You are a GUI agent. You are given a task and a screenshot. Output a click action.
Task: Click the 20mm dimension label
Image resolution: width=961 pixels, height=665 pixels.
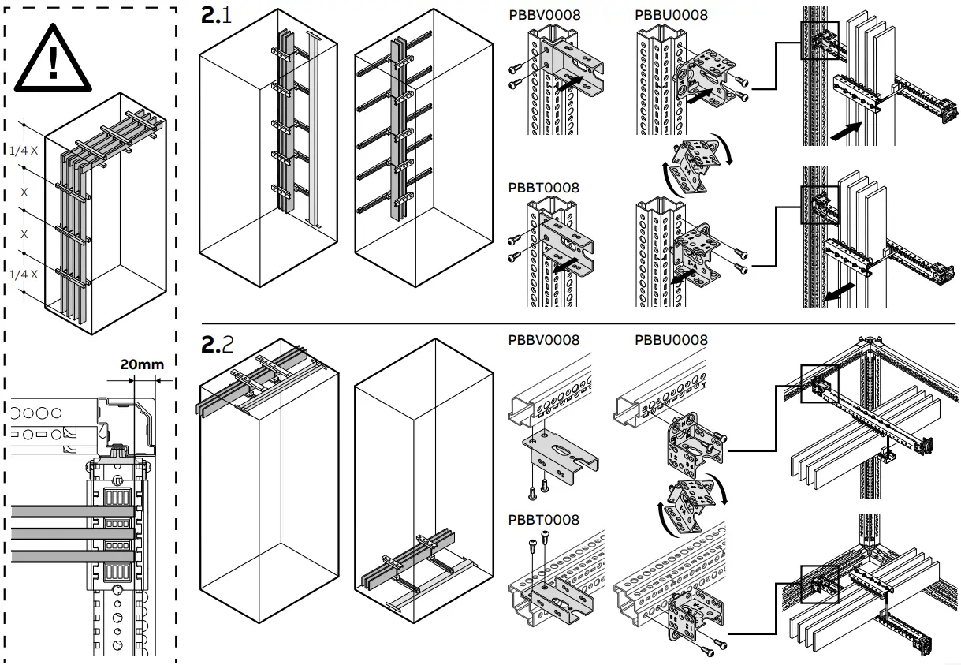tap(142, 364)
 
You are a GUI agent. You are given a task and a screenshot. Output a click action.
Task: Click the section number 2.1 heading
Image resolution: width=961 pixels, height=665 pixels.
tap(217, 15)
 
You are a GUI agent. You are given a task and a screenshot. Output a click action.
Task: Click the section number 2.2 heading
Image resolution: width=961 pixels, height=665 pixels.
tap(218, 344)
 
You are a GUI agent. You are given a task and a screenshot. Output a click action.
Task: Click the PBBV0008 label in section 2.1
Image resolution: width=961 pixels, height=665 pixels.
tap(544, 15)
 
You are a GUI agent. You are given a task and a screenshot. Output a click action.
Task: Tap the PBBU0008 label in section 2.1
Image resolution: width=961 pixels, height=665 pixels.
tap(671, 15)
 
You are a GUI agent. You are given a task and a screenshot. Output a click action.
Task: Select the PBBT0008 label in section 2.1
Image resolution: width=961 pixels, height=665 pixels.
tap(544, 188)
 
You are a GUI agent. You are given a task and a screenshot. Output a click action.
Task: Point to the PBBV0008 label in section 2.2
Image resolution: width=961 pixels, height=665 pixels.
tap(544, 340)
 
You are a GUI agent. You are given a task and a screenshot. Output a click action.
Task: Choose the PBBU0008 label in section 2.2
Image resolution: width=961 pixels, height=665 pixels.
tap(671, 340)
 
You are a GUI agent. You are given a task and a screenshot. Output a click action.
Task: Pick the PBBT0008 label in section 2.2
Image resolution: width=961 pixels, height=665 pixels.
tap(544, 520)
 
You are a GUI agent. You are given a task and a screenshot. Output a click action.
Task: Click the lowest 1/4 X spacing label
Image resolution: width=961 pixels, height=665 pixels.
tap(24, 274)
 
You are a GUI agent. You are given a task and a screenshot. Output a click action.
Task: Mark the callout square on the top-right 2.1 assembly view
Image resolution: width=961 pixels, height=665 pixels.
tap(819, 39)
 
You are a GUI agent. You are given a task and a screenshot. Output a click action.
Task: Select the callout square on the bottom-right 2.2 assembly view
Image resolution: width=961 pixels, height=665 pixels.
tap(819, 585)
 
